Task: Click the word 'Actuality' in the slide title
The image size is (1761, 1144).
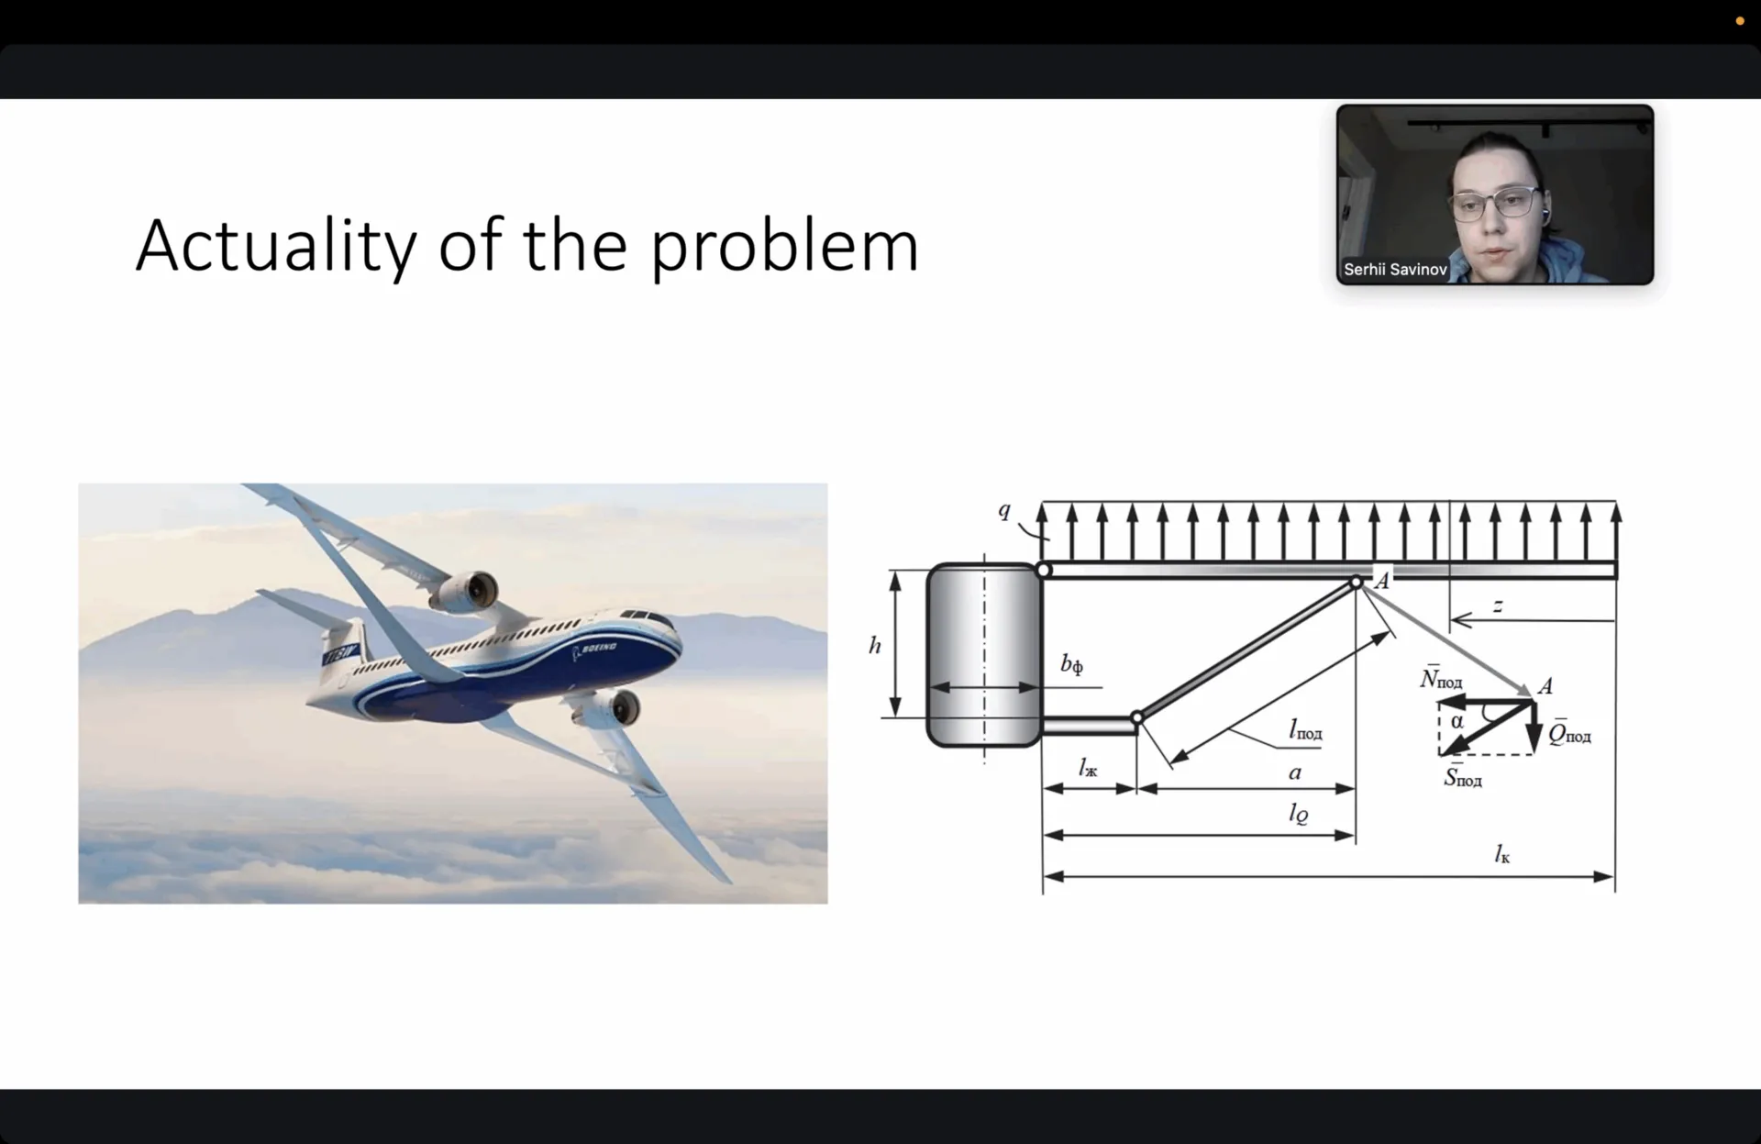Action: (276, 245)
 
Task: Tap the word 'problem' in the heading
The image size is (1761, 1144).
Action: (784, 245)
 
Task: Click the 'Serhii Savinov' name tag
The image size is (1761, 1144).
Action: (1394, 270)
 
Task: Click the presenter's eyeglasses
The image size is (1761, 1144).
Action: (1494, 201)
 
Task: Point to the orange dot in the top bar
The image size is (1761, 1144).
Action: (1740, 21)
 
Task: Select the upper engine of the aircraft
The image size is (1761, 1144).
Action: (465, 593)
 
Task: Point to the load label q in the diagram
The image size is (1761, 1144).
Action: (1004, 510)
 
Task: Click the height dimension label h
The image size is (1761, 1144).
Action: (875, 645)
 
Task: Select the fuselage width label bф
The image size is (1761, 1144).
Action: (1071, 664)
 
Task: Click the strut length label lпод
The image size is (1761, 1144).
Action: (1305, 730)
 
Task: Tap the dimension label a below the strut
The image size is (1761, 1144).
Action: (1295, 772)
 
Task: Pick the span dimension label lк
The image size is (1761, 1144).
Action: (1501, 855)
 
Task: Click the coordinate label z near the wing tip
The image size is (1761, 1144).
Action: (1498, 605)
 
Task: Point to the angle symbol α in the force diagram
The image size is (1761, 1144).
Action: (1456, 722)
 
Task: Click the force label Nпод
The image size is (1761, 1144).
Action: (1441, 678)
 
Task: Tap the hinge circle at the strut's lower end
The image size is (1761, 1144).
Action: (1137, 717)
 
